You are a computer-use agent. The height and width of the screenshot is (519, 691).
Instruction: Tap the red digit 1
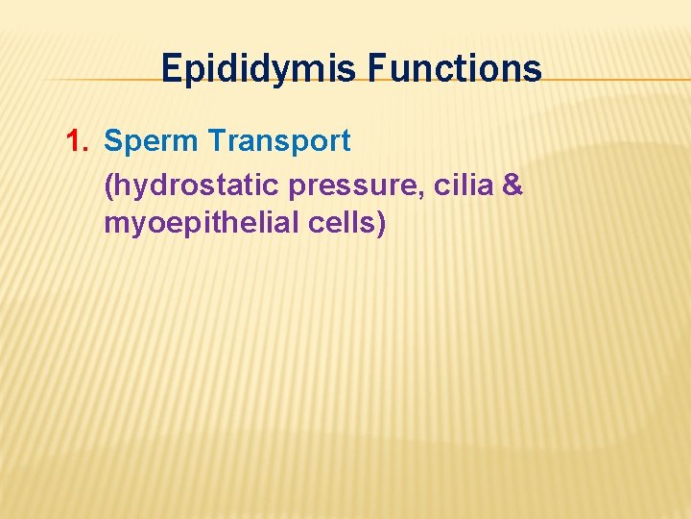click(x=75, y=141)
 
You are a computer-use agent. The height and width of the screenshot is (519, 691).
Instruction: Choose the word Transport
click(x=279, y=141)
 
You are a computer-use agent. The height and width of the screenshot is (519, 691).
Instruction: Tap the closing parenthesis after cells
click(x=381, y=225)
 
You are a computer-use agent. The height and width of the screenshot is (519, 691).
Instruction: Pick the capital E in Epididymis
click(x=172, y=69)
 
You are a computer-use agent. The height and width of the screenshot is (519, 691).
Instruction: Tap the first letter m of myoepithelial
click(x=117, y=226)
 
